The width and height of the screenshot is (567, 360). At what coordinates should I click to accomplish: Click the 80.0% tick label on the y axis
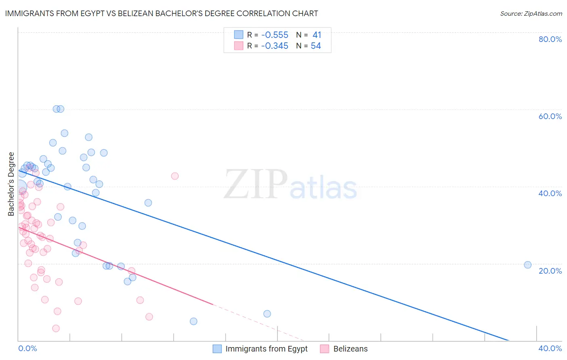[550, 39]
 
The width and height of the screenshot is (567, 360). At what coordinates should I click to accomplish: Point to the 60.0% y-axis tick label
[550, 116]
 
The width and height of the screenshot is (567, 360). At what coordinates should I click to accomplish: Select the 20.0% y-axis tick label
[550, 271]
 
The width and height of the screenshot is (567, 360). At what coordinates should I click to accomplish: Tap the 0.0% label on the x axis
[27, 348]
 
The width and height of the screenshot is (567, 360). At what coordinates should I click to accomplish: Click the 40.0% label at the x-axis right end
[550, 348]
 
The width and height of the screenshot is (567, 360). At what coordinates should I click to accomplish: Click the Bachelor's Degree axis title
[11, 184]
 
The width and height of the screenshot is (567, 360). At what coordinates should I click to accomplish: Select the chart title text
[161, 13]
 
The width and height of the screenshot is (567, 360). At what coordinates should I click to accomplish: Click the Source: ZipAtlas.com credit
[531, 13]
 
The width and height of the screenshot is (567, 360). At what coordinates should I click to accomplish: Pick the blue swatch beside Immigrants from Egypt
[217, 349]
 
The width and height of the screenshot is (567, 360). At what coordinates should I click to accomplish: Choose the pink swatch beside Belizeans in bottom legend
[325, 349]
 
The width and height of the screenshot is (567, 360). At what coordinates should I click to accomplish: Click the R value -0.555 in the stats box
[275, 35]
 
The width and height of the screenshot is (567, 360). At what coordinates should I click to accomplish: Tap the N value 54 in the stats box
[316, 46]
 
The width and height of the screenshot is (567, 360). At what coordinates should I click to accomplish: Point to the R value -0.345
[275, 46]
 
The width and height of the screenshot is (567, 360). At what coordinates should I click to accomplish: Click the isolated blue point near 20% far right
[527, 265]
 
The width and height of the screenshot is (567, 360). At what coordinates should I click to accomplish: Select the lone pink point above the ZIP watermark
[175, 176]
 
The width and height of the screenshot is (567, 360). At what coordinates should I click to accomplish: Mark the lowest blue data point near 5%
[194, 321]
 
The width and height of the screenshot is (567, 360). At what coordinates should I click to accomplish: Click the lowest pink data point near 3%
[56, 329]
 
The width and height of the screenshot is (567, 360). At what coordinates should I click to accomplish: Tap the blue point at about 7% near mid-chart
[267, 314]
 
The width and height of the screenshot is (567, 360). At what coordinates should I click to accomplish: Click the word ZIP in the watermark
[256, 184]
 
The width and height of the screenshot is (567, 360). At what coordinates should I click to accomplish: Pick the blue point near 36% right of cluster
[148, 203]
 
